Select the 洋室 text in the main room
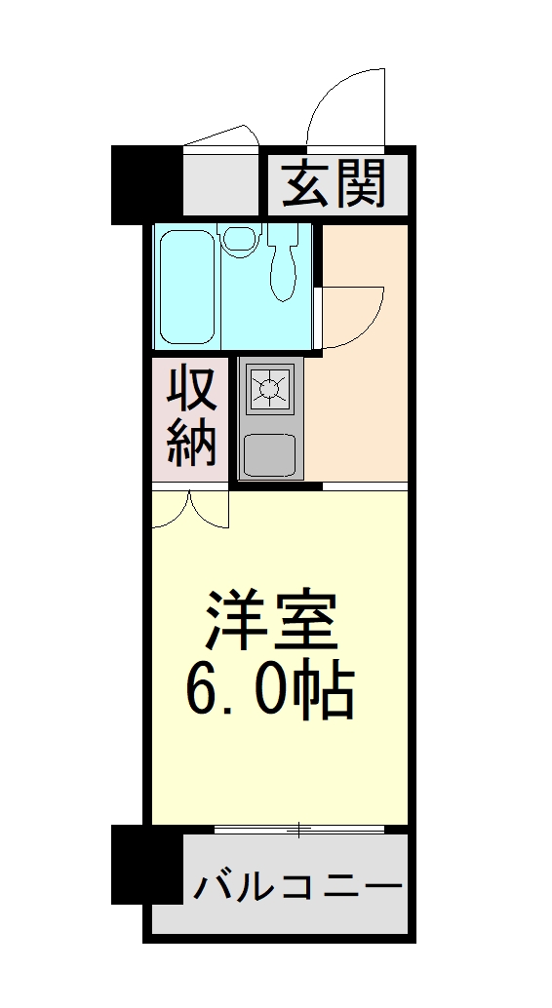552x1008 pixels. coord(270,621)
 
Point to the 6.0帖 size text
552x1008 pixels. coord(269,691)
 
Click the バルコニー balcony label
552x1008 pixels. coord(297,887)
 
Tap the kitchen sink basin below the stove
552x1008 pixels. coord(268,452)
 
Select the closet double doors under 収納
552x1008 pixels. coord(190,509)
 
